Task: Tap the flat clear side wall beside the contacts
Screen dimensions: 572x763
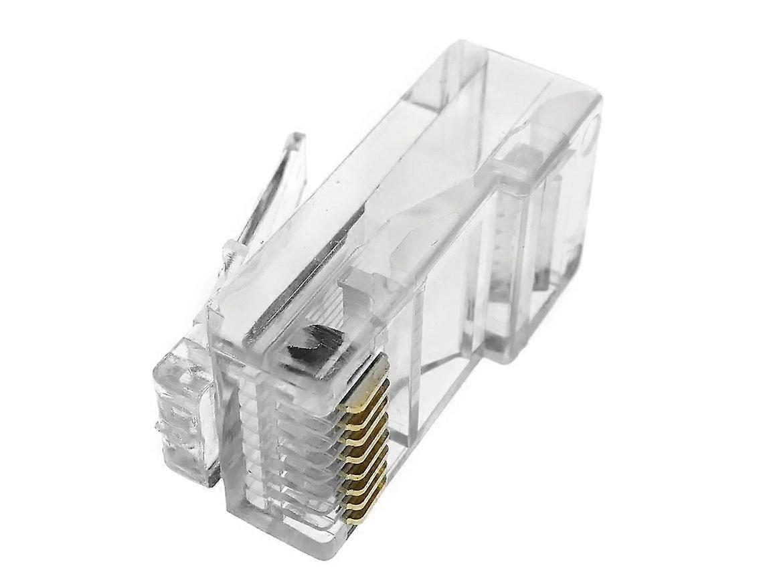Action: (x=442, y=335)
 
